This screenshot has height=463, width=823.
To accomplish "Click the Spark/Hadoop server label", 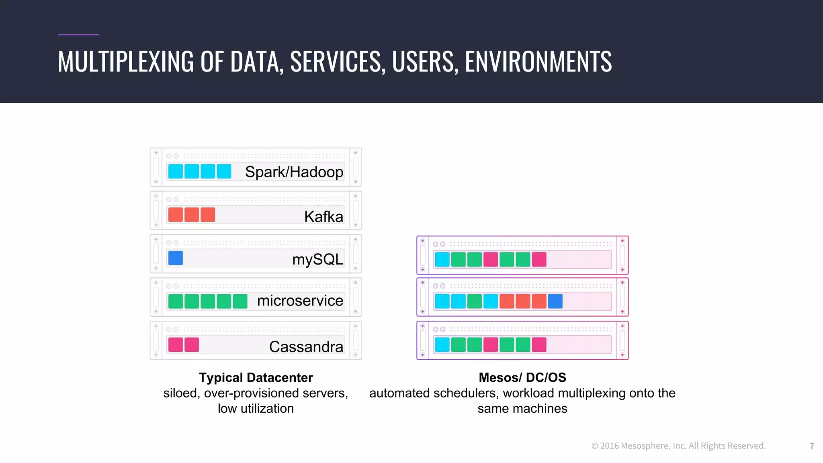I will [294, 172].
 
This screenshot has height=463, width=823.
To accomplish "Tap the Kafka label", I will [323, 217].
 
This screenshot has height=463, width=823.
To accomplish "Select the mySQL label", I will [317, 259].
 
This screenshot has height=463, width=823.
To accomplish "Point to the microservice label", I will [300, 301].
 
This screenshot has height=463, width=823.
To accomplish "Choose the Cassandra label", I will [306, 346].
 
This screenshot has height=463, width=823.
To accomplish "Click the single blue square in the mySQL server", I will [176, 258].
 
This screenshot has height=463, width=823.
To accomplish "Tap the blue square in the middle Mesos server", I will [555, 301].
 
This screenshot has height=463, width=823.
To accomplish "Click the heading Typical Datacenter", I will [256, 377].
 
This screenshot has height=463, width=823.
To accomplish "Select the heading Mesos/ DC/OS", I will [522, 377].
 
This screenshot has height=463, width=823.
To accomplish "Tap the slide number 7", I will [812, 446].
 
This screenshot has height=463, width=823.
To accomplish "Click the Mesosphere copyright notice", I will [678, 446].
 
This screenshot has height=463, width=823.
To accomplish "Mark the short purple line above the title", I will [78, 35].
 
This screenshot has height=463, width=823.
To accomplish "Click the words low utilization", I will [256, 408].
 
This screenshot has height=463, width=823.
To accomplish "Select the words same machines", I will [522, 408].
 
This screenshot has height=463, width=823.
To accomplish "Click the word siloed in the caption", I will [181, 393].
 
